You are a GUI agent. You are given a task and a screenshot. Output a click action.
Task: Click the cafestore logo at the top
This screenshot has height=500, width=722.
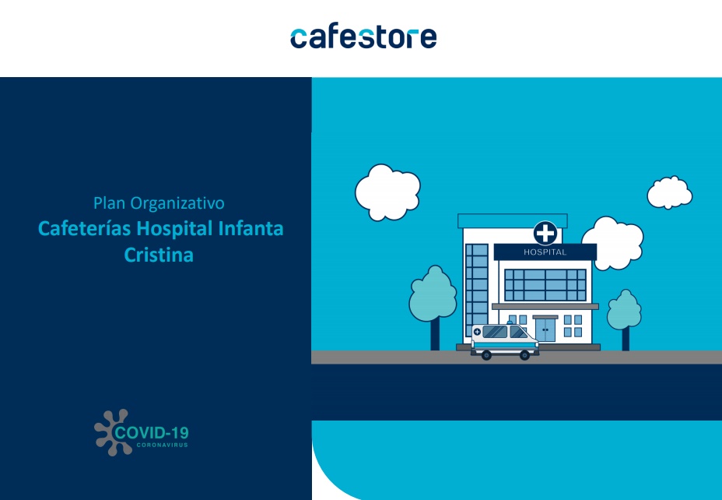tap(363, 38)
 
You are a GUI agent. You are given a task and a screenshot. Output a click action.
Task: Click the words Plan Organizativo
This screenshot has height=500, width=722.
tap(159, 203)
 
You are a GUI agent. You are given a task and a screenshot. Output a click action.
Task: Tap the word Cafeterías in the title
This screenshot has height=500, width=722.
tap(84, 228)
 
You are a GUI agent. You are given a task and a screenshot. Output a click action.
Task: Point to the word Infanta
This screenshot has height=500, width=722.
tap(251, 228)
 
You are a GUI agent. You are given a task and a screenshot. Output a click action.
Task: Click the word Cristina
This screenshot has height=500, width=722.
tap(159, 255)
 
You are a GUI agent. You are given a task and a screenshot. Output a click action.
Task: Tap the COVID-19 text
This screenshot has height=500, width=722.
tap(152, 433)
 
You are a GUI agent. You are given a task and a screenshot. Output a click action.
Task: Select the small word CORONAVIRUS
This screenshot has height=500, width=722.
tap(163, 445)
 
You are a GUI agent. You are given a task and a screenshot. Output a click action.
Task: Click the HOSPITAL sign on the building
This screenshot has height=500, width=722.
tap(545, 252)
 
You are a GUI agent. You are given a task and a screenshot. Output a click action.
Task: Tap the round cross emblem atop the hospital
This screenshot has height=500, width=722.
tap(545, 233)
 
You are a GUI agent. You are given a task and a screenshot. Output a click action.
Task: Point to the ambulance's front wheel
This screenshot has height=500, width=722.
tap(524, 355)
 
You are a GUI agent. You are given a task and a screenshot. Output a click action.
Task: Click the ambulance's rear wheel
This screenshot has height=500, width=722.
tap(486, 355)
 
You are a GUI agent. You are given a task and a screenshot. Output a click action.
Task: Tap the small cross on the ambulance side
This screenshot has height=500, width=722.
tap(478, 332)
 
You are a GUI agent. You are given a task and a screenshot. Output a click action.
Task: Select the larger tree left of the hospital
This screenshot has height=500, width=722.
tap(433, 306)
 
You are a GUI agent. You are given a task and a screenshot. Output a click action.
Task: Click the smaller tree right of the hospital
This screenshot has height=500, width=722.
tap(625, 318)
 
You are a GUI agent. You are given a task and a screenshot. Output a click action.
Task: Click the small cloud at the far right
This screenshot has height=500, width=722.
tap(670, 192)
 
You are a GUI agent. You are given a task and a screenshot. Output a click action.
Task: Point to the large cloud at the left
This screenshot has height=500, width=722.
tap(387, 192)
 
